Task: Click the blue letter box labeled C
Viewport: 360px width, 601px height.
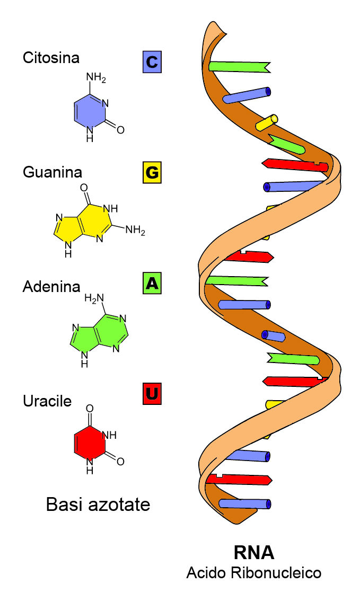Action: pos(152,61)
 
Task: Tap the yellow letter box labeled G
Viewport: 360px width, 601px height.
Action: pos(152,172)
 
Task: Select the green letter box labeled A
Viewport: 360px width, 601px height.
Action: pos(152,283)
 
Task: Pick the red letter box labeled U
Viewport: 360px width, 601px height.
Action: pos(152,394)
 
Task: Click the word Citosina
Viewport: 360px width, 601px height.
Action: pos(51,57)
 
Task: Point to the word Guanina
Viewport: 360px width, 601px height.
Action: pos(52,172)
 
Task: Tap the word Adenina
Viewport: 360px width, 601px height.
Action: pos(51,286)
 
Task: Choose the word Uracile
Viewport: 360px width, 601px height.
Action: pos(47,401)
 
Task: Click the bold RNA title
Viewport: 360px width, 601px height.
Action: pos(254,553)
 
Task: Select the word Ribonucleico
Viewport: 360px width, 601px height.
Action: pos(276,573)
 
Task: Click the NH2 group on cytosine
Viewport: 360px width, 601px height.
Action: pos(96,77)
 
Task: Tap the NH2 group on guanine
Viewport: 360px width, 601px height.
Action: pos(135,231)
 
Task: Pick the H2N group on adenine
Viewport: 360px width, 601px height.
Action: pos(94,298)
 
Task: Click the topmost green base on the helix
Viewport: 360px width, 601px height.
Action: pos(240,66)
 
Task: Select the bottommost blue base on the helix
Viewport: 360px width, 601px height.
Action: pos(244,503)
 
